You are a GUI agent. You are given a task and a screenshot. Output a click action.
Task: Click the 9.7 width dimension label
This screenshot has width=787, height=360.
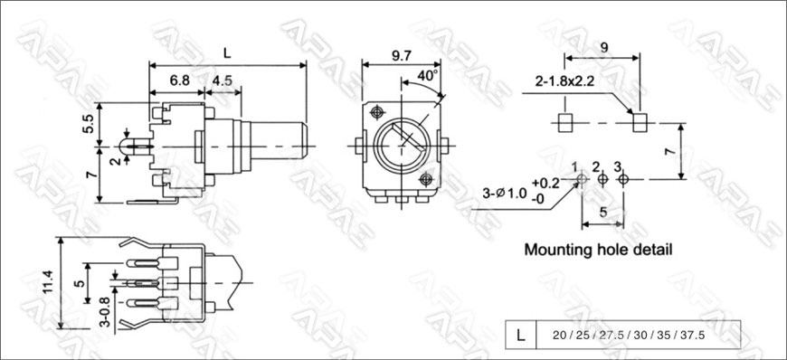point(401,55)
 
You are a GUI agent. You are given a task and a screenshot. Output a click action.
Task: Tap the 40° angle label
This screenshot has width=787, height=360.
point(428,76)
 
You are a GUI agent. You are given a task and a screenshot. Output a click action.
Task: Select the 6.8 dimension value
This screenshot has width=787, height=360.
point(180,81)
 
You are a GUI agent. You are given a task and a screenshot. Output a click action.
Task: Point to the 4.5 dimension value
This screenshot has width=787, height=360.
point(222,81)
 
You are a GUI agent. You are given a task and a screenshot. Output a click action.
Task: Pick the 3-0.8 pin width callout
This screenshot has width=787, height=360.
point(105,312)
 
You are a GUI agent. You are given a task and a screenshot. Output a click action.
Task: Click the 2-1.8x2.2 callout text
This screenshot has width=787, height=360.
point(564,81)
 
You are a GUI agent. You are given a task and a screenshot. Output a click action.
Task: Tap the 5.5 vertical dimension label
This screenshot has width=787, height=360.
point(88,124)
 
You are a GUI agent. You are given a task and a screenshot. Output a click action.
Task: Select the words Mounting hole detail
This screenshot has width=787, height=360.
point(598,249)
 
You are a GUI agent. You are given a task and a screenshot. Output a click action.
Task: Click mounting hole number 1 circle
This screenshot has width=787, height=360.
point(582,179)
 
